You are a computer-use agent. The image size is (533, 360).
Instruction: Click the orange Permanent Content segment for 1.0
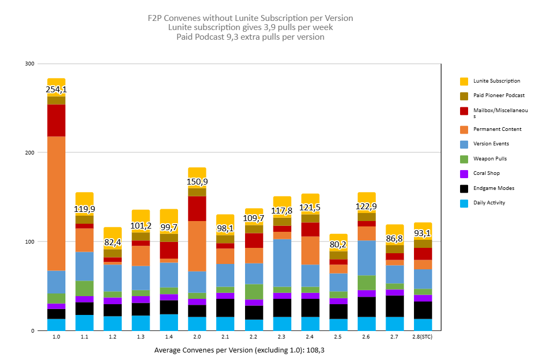(x=56, y=203)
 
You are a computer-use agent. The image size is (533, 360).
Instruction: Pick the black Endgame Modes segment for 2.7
(x=395, y=306)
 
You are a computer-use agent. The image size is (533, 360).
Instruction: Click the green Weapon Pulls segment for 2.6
(x=367, y=283)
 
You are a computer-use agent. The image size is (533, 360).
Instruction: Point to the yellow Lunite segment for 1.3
(x=141, y=215)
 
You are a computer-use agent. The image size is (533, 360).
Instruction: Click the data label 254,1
(x=56, y=90)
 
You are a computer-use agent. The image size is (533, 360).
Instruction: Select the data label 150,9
(x=197, y=182)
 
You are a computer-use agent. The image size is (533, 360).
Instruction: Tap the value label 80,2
(x=338, y=244)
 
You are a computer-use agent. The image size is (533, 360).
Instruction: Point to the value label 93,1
(x=423, y=233)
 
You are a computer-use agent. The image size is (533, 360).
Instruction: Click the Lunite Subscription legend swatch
(x=464, y=81)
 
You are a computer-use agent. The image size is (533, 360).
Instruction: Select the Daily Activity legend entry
(x=489, y=203)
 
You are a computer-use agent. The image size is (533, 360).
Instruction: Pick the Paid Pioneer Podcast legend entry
(x=499, y=95)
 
